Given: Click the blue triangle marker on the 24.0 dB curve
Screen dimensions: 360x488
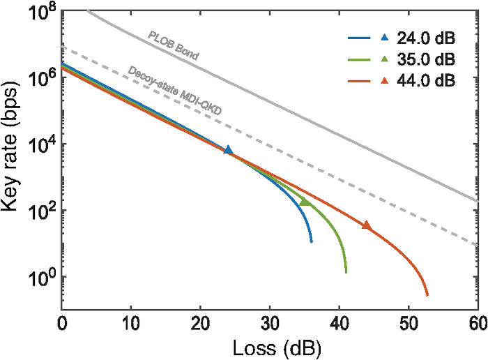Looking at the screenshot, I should coord(228,150).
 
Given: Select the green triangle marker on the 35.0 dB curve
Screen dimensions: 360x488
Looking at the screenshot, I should coord(304,202).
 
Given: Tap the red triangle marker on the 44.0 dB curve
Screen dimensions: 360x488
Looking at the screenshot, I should coord(366,225).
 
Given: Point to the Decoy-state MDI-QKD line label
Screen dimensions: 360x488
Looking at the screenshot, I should coord(171,90).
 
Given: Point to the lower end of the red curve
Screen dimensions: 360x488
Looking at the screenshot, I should coord(427,295).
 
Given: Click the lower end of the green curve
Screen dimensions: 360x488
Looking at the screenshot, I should coord(346,272).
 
